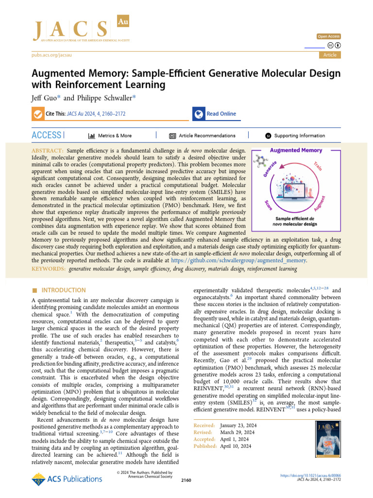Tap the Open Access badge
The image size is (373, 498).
329,36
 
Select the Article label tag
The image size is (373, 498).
330,55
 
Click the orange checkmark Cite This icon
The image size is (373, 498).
37,114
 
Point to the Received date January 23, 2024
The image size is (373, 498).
238,426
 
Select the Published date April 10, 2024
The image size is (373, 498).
236,446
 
